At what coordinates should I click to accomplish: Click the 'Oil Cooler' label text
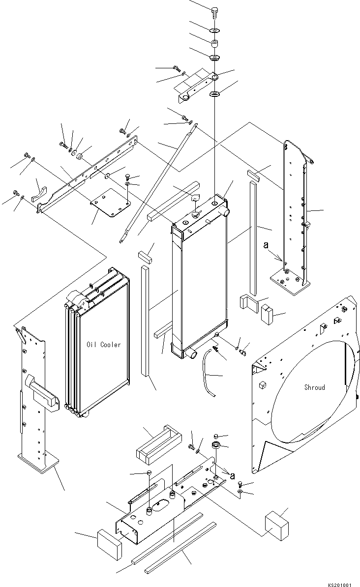(103, 345)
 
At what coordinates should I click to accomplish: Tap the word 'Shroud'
(314, 387)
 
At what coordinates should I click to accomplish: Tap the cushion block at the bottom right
(276, 525)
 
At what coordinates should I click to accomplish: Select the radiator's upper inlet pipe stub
(227, 211)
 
